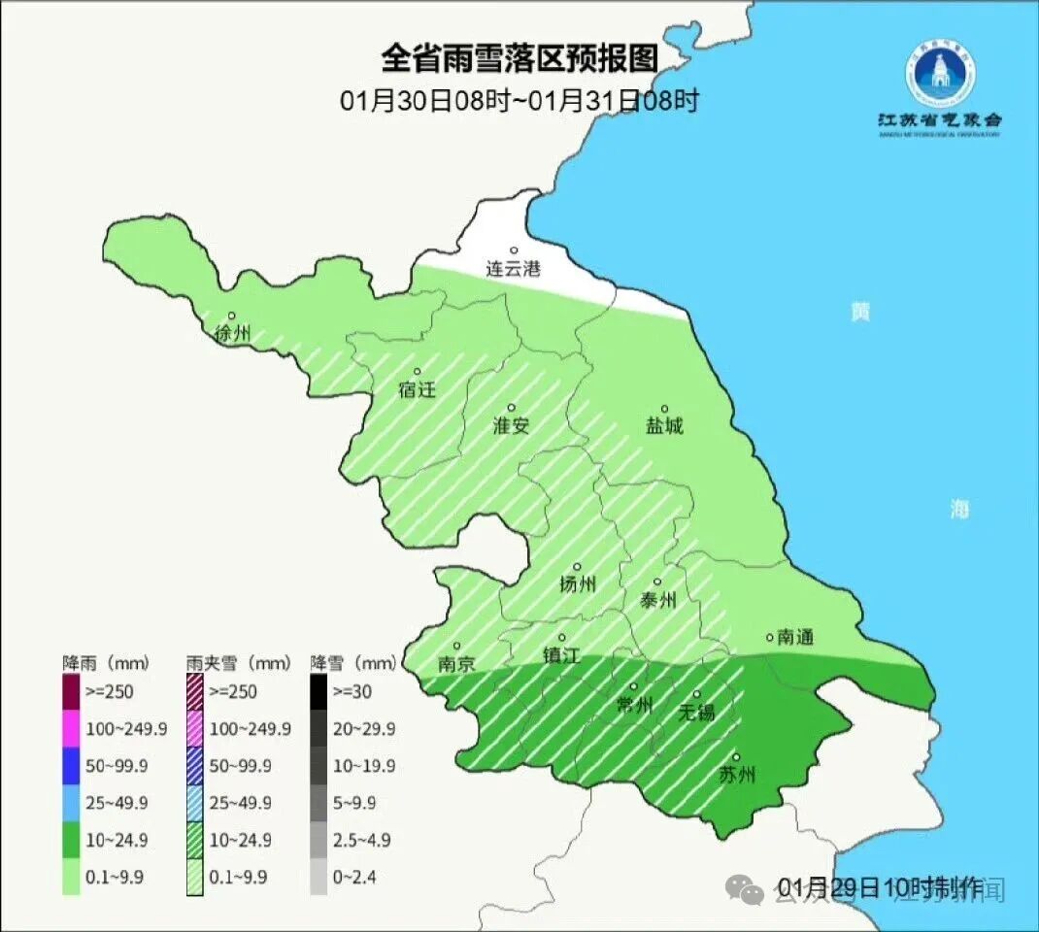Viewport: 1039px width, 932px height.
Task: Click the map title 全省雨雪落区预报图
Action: coord(519,58)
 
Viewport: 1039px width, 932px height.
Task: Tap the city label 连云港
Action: coord(513,270)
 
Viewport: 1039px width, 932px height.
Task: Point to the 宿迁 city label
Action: coord(418,390)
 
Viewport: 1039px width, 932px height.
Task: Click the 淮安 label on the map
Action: coord(512,425)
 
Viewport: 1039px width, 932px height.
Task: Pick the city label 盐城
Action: coord(664,426)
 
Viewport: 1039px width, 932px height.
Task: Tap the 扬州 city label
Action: coord(577,583)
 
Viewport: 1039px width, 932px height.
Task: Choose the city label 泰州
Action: coord(657,600)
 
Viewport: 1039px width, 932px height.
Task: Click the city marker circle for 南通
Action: coord(770,638)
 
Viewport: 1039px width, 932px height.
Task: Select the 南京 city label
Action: coord(455,664)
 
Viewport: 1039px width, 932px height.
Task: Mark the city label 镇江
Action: coord(561,655)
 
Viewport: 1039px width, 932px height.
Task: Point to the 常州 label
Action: coord(635,706)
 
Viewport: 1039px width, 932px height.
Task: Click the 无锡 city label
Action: coord(697,713)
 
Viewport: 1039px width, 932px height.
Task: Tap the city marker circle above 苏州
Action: coord(736,758)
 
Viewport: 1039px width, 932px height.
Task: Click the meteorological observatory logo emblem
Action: coord(939,74)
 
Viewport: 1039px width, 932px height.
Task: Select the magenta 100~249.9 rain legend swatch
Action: coord(71,728)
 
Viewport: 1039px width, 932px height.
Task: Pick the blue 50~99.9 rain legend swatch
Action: coord(71,765)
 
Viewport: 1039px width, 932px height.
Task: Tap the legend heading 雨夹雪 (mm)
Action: coord(238,664)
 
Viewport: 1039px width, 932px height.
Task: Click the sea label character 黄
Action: coord(859,312)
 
